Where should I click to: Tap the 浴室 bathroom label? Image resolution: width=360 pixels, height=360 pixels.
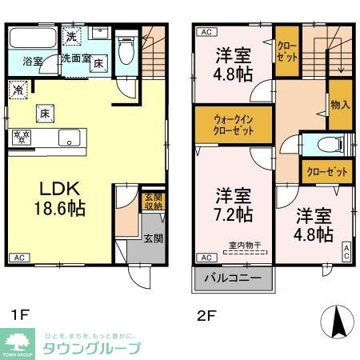(x=32, y=61)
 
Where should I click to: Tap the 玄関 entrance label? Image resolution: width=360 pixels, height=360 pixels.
(x=153, y=238)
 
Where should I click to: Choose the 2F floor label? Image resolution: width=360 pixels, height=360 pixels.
(x=206, y=314)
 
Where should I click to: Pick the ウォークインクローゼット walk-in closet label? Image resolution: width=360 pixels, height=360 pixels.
(x=234, y=125)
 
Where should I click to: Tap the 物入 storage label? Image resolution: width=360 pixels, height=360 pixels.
(x=339, y=104)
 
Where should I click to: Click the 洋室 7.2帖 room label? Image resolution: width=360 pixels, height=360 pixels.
(x=234, y=205)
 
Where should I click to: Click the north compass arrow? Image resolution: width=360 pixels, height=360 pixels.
(x=336, y=321)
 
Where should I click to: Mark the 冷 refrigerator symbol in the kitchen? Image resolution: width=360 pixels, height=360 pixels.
(x=18, y=91)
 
